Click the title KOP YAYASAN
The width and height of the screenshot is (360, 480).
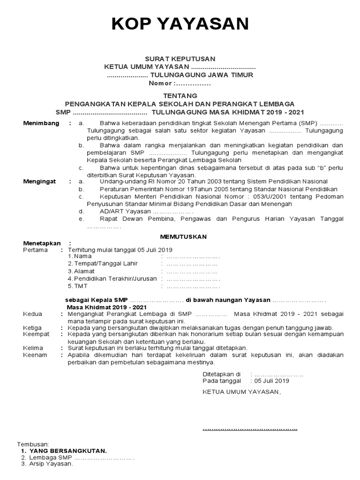tap(180, 24)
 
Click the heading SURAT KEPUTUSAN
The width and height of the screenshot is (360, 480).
tap(180, 59)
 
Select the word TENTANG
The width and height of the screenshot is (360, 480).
tap(180, 96)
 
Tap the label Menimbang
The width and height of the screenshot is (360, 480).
tap(42, 123)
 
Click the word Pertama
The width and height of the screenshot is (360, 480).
tap(35, 250)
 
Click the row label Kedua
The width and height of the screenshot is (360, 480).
tap(33, 314)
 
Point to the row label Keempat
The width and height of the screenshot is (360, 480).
tap(36, 334)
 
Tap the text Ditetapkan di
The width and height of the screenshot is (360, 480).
tap(221, 374)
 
